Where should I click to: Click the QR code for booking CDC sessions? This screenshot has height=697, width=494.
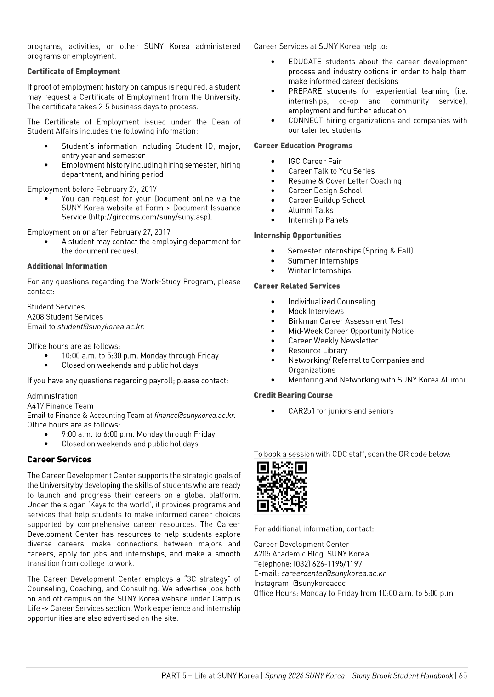(282, 487)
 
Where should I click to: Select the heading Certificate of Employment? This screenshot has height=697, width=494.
(74, 72)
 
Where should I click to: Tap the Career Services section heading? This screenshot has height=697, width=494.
(59, 460)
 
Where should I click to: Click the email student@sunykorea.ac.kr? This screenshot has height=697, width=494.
(100, 327)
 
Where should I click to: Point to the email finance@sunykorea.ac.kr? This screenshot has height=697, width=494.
(194, 415)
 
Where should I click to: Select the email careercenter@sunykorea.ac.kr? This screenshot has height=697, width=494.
(333, 573)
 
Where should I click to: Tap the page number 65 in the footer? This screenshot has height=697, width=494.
(462, 675)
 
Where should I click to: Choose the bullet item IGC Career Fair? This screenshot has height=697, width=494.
(315, 161)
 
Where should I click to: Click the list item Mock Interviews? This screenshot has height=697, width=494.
(316, 311)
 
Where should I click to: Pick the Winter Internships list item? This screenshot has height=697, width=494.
(319, 270)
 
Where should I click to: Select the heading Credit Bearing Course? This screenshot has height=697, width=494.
(293, 395)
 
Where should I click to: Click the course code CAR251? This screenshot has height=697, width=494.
(301, 411)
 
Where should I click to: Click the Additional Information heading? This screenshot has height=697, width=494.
(67, 266)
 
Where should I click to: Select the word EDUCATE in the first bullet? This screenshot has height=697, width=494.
(305, 62)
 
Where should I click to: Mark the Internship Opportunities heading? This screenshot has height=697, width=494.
(297, 236)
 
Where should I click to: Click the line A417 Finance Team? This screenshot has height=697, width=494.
(60, 406)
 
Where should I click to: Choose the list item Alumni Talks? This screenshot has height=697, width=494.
(311, 210)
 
